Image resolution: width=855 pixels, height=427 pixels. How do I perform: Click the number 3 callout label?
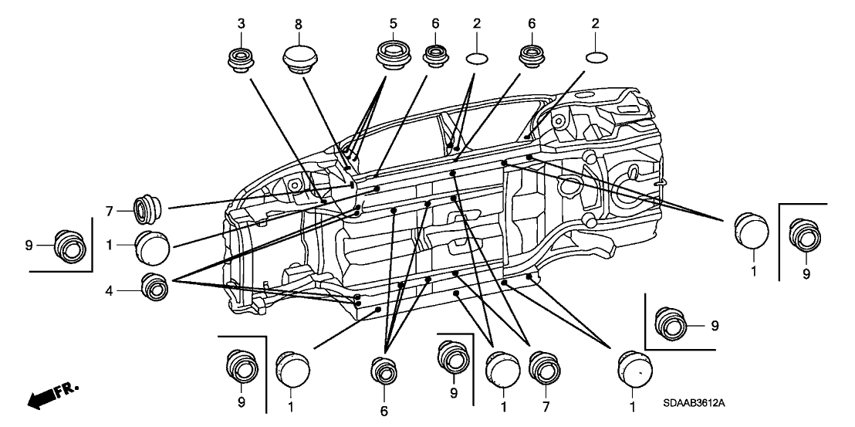click(241, 24)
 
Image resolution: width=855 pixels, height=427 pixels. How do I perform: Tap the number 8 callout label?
click(298, 24)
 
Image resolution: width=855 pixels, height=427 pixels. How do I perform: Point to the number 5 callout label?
click(392, 24)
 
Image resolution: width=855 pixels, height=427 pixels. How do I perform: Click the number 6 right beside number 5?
click(435, 24)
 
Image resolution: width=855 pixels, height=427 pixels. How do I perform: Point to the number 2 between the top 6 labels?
click(476, 24)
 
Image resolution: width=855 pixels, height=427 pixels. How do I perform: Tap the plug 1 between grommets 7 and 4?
click(151, 247)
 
